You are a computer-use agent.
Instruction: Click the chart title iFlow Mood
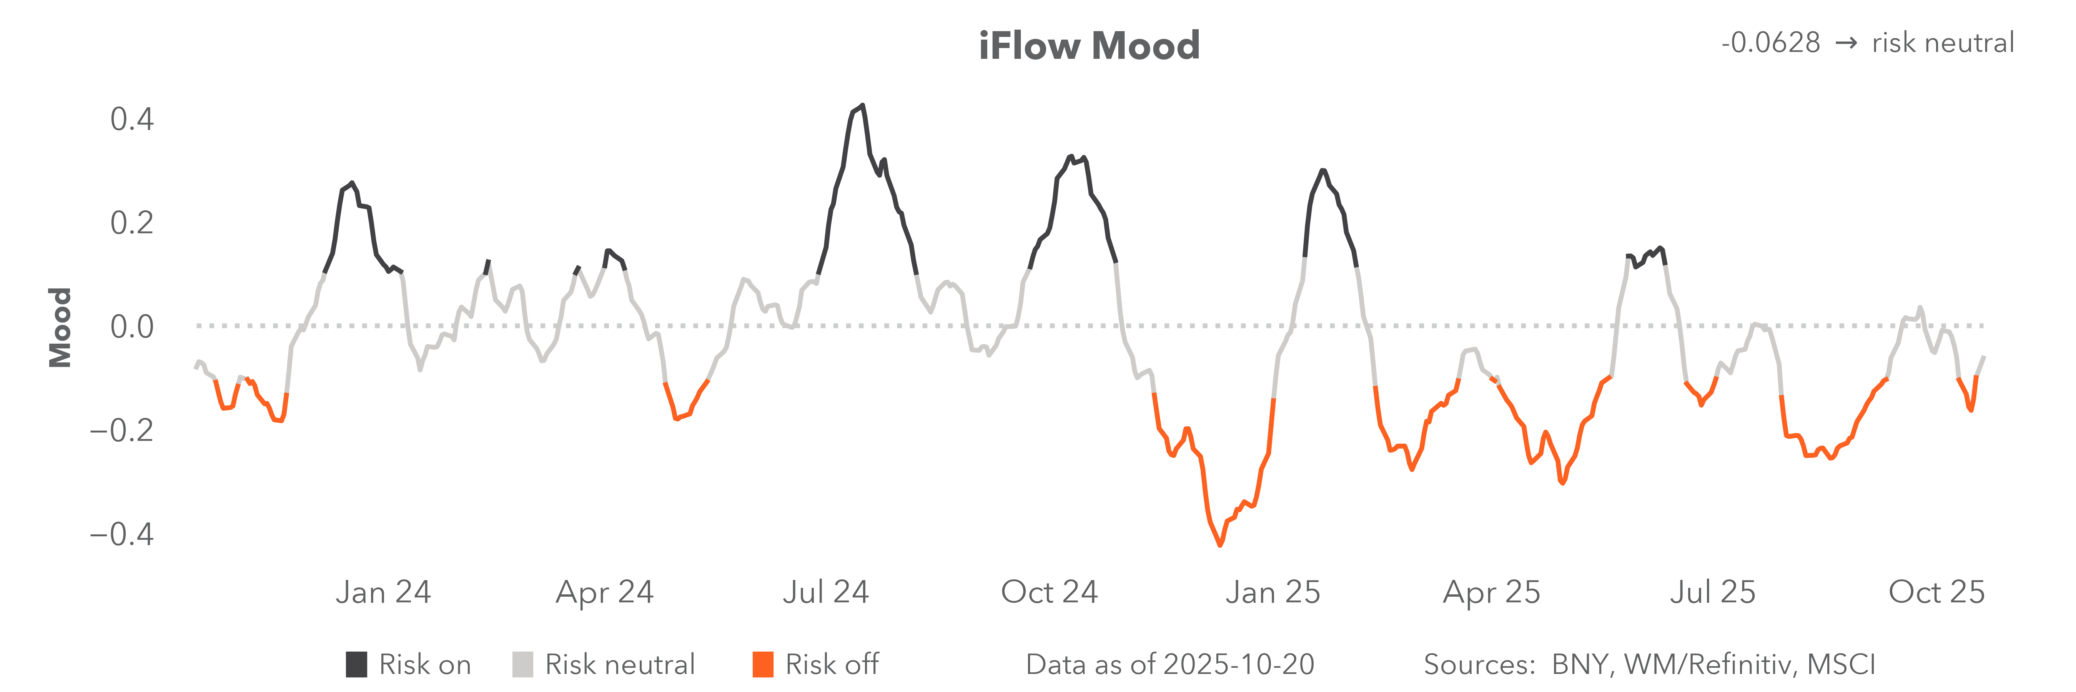coord(1089,46)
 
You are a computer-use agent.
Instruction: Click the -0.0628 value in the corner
coord(1770,43)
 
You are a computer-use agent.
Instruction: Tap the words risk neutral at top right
coord(1942,43)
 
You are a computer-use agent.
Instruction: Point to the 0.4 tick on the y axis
coord(132,119)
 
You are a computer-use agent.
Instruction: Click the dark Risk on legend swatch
coord(356,665)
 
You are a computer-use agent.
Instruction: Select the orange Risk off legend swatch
coord(762,665)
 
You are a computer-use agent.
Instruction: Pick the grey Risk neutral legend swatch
coord(522,665)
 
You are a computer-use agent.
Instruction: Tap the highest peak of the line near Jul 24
coord(862,106)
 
